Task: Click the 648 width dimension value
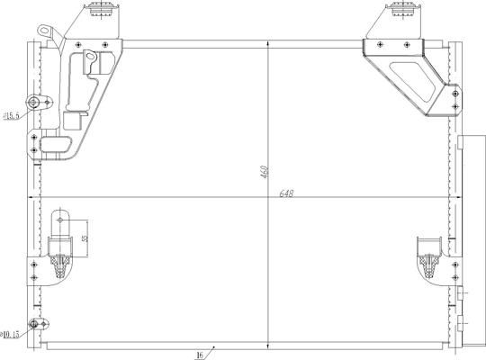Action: tap(287, 193)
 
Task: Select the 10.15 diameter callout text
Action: tap(13, 335)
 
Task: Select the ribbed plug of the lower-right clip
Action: tap(427, 262)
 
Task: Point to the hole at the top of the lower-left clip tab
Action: tap(60, 215)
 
